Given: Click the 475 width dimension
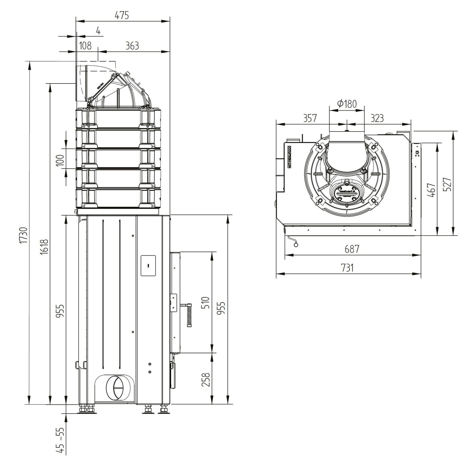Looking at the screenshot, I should pyautogui.click(x=122, y=15).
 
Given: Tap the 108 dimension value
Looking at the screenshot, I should pyautogui.click(x=85, y=45).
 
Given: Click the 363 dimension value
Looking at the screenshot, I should pyautogui.click(x=132, y=45).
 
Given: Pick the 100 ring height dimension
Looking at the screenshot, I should pyautogui.click(x=60, y=160).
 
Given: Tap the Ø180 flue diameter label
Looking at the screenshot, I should pyautogui.click(x=347, y=104).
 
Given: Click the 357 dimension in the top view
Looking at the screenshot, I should pyautogui.click(x=310, y=118).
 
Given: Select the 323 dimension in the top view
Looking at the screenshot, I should pyautogui.click(x=377, y=118).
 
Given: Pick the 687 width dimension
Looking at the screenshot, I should pyautogui.click(x=352, y=249).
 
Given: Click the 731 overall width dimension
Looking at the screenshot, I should pyautogui.click(x=347, y=268).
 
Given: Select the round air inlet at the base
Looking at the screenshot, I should pyautogui.click(x=115, y=387).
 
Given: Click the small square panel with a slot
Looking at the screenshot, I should pyautogui.click(x=148, y=265).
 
